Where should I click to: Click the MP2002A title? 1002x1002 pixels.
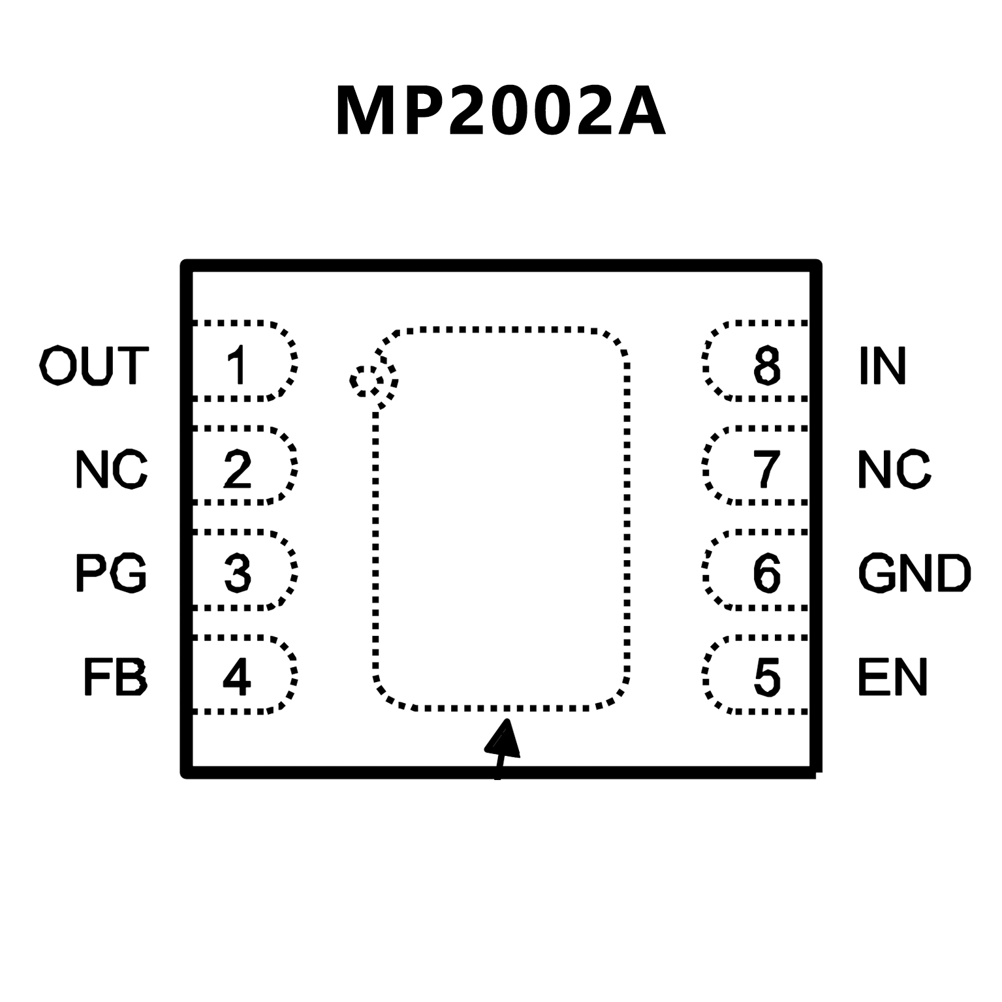tap(501, 112)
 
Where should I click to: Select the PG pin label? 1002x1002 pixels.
tap(111, 572)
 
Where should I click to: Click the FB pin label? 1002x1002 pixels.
tap(115, 677)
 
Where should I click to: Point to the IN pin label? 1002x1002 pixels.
tap(882, 366)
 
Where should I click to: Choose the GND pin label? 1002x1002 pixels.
tap(914, 572)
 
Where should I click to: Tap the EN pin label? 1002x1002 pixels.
tap(892, 677)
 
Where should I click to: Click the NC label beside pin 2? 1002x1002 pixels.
tap(111, 469)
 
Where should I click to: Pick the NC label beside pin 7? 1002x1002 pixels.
tap(894, 469)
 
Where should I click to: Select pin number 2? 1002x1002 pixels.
tap(237, 469)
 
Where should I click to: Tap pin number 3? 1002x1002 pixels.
tap(237, 572)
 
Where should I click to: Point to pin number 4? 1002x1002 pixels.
tap(237, 677)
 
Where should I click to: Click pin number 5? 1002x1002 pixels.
tap(767, 677)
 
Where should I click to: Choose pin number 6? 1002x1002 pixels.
tap(767, 572)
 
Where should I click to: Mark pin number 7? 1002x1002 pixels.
tap(767, 469)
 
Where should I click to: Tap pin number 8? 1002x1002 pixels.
tap(767, 366)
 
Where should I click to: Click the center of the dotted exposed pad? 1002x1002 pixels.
tap(501, 520)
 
